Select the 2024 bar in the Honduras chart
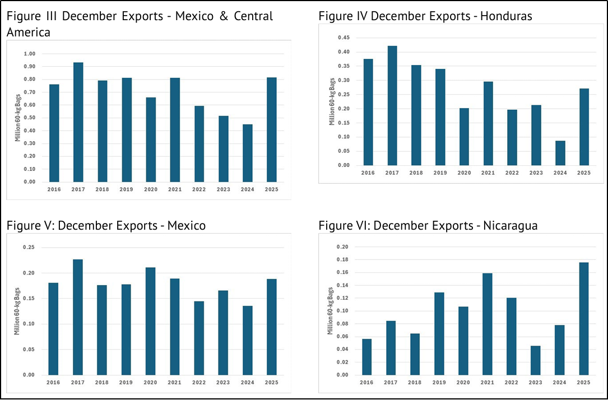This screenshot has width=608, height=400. (560, 153)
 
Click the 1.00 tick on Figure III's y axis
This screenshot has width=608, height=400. (29, 54)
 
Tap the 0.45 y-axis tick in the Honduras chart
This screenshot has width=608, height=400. (343, 38)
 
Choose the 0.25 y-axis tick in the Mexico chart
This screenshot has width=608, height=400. (29, 247)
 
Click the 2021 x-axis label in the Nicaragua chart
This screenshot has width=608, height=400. (487, 383)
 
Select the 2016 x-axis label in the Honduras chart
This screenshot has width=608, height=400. (367, 173)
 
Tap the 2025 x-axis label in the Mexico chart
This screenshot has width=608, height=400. (272, 383)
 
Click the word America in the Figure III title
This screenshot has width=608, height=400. (29, 32)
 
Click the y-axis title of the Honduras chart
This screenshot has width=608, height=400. (332, 101)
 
